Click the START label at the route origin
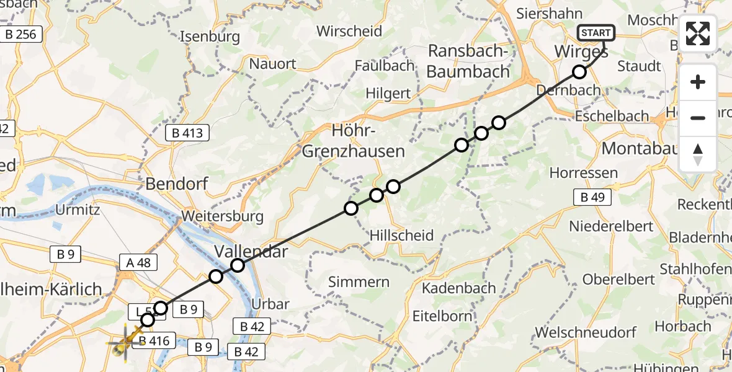coord(596,33)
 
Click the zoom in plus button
coord(698,82)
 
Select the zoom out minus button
coord(698,118)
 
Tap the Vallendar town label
coord(251,251)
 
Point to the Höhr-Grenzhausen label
coord(353,141)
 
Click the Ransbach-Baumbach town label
coord(468,61)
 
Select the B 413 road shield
coord(187,132)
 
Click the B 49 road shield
coord(592,198)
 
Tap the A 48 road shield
coord(138,262)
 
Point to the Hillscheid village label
coord(401,235)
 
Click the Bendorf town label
coord(176,184)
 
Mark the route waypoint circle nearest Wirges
coord(579,72)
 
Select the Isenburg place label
coord(210,37)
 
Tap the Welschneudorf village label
coord(586,332)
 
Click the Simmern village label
coord(359,282)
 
